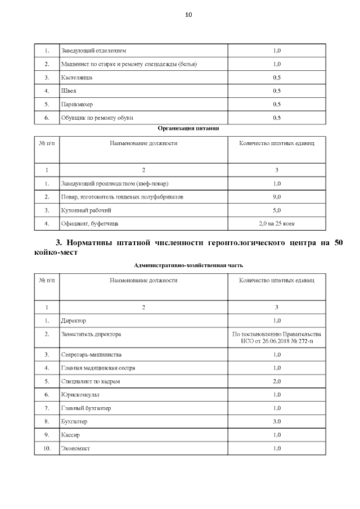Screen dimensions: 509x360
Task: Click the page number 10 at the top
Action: (x=188, y=15)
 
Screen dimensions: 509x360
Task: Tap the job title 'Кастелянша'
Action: (x=76, y=77)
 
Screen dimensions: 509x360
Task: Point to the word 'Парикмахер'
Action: (x=77, y=104)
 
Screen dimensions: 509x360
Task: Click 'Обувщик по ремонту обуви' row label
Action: (x=97, y=118)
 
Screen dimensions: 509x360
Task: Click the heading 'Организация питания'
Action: (x=188, y=128)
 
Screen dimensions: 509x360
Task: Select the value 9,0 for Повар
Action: (x=276, y=197)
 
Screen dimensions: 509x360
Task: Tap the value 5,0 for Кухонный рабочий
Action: (x=276, y=210)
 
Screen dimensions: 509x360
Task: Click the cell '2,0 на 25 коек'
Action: (x=276, y=224)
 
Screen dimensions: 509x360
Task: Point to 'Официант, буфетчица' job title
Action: (x=89, y=224)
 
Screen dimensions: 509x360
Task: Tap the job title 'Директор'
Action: (x=73, y=321)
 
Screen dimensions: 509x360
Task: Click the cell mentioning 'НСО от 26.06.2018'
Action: (x=276, y=341)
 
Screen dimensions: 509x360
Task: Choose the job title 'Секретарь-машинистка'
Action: (x=91, y=355)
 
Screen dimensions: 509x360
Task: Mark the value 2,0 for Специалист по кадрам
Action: (x=276, y=381)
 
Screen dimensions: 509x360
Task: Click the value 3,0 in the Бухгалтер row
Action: (x=276, y=421)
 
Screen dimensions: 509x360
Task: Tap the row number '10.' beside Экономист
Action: (x=47, y=448)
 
